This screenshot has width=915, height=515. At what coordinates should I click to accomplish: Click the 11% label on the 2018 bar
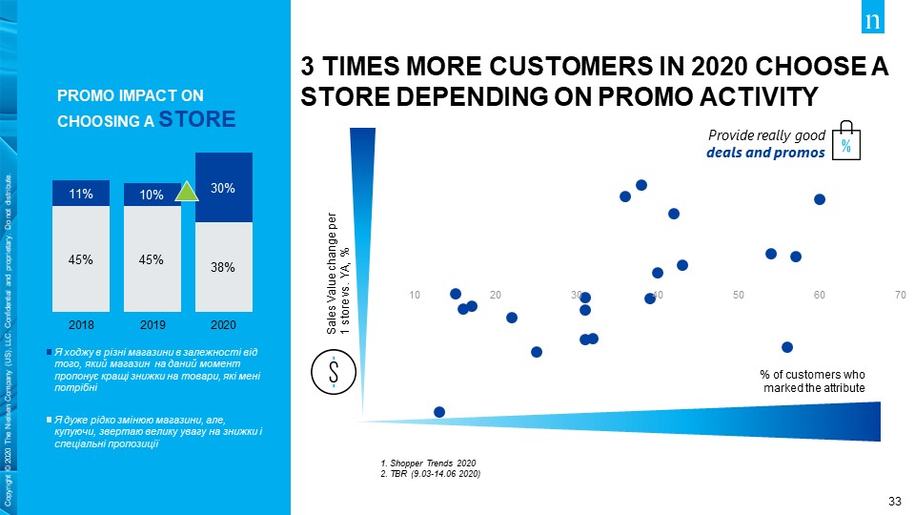point(80,195)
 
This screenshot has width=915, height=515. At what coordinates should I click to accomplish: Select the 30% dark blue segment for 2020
point(223,188)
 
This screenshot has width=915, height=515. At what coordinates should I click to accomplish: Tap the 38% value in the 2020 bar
point(223,268)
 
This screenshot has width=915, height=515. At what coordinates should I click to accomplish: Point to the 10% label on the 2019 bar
point(151,196)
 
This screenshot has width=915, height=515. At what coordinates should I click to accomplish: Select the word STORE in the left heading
point(197,119)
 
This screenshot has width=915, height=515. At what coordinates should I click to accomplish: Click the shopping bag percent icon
point(845,143)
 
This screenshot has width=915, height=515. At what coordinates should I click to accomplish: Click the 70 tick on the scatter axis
point(900,295)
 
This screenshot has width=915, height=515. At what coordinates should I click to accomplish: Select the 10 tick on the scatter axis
point(415,295)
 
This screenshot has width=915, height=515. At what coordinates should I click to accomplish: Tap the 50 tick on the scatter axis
point(739,295)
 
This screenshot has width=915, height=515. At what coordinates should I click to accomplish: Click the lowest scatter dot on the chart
point(439,412)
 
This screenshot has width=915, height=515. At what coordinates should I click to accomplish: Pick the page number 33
point(894,502)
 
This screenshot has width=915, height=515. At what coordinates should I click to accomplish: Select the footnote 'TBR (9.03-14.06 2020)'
point(430,473)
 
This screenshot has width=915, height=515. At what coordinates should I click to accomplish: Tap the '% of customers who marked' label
point(813,382)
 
